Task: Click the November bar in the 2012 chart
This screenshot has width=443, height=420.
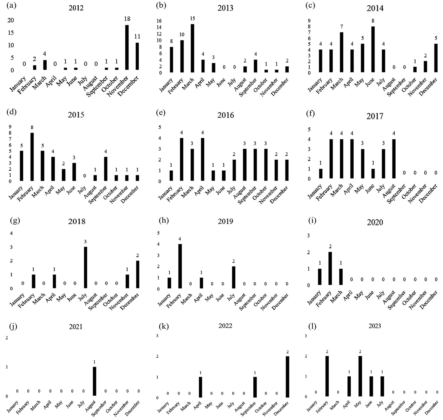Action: tap(127, 47)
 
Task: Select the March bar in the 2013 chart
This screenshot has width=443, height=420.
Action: tap(192, 48)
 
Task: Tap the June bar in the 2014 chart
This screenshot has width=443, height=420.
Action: tap(373, 49)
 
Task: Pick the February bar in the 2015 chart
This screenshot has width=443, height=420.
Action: tap(32, 157)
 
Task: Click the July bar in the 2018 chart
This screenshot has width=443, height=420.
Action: tap(85, 267)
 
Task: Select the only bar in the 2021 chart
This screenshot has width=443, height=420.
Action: tap(95, 381)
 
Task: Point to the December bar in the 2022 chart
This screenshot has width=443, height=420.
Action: tap(287, 377)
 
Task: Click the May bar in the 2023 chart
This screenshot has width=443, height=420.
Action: tap(360, 376)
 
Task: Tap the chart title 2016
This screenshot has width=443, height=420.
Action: tap(225, 115)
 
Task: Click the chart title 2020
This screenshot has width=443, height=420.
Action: tap(375, 223)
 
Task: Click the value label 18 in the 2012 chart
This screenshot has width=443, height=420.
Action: tap(127, 19)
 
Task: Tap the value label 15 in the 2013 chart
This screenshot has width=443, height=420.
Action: tap(192, 19)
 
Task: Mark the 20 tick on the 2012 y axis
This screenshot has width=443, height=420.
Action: tap(11, 20)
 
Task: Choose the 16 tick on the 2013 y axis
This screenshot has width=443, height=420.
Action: tap(159, 21)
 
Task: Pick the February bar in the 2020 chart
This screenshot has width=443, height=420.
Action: tap(330, 269)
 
